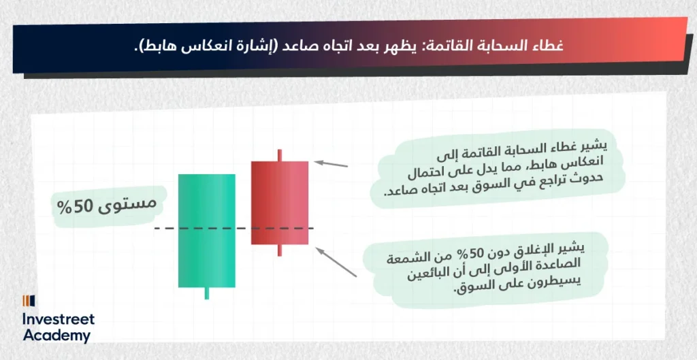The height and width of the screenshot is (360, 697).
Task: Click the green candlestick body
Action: coord(207,231)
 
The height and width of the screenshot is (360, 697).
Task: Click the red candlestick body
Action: coord(280,203)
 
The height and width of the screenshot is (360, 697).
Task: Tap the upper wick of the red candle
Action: coord(280,156)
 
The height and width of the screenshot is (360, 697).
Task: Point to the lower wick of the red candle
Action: coord(280,250)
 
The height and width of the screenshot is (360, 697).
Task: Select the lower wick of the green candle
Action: coord(207,293)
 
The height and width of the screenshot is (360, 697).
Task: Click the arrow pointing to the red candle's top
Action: coord(331,164)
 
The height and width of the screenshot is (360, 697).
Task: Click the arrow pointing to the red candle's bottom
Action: coord(336,262)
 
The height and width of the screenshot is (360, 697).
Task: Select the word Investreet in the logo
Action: coord(59,319)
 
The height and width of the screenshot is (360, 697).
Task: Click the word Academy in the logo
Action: coord(56,336)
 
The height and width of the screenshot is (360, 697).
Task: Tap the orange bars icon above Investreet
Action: coord(29,301)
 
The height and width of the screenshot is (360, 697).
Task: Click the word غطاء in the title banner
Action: coord(545,46)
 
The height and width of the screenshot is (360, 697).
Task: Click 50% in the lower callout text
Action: coord(478,253)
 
